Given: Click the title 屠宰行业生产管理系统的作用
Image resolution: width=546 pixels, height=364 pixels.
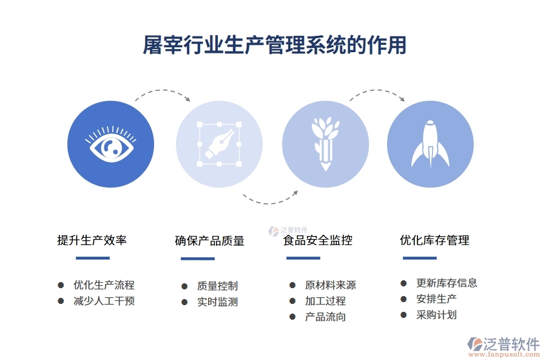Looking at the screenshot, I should pyautogui.click(x=274, y=45).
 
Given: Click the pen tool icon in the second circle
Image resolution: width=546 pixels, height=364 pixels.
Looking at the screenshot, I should pyautogui.click(x=219, y=144).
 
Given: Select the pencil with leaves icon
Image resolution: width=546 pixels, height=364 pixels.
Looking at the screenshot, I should pyautogui.click(x=325, y=144).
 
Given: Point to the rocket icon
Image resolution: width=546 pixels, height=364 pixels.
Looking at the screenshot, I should pyautogui.click(x=430, y=144).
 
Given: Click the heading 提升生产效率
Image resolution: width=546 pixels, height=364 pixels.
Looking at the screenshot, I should pyautogui.click(x=92, y=240).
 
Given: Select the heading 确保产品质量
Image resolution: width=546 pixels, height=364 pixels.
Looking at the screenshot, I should pyautogui.click(x=209, y=241).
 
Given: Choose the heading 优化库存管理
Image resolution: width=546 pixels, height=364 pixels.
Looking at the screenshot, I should pyautogui.click(x=434, y=240).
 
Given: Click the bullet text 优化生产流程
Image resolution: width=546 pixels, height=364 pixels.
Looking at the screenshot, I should pyautogui.click(x=104, y=285).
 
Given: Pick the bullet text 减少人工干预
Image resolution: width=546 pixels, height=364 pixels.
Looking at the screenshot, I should pyautogui.click(x=104, y=301).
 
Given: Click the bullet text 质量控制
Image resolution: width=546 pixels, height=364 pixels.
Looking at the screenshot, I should pyautogui.click(x=217, y=286).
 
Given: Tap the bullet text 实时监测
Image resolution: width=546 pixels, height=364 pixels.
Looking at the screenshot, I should pyautogui.click(x=217, y=302).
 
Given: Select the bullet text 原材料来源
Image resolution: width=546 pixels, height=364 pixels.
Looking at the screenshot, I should pyautogui.click(x=330, y=285).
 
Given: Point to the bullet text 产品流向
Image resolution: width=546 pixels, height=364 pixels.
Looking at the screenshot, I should pyautogui.click(x=325, y=317).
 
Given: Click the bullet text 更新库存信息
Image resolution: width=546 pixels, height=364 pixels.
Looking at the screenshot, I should pyautogui.click(x=447, y=283).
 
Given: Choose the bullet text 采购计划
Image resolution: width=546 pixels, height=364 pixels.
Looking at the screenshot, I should pyautogui.click(x=436, y=315).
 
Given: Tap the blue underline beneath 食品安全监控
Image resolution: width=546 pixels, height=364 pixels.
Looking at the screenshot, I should pyautogui.click(x=303, y=258).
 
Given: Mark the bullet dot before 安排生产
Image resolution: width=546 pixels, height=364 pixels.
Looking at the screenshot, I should pyautogui.click(x=403, y=299).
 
